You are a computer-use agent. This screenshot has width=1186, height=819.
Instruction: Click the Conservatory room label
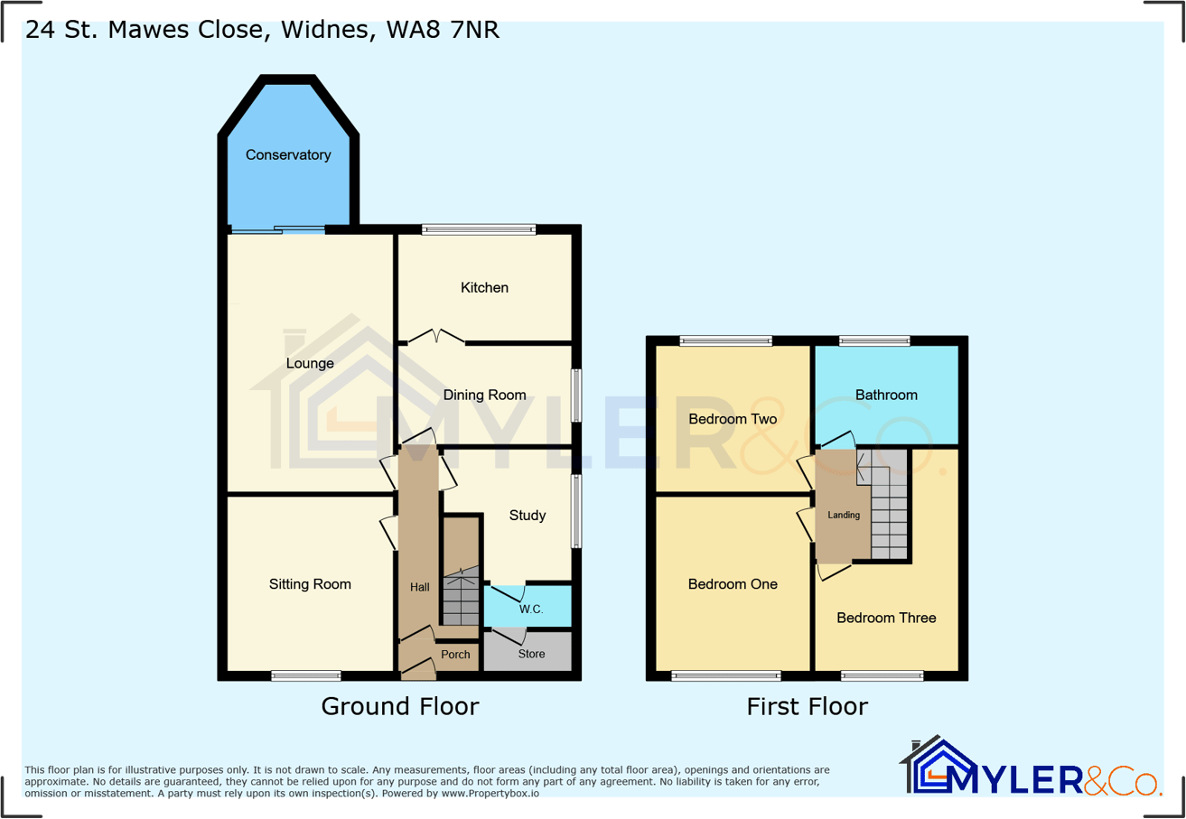coord(288,155)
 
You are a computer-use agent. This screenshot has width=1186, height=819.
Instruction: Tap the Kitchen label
coord(485,288)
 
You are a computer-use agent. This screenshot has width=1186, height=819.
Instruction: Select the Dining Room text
coord(484,395)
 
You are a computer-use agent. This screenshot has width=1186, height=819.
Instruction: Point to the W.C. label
coord(531,610)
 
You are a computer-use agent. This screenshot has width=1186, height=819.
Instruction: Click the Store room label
coord(532,654)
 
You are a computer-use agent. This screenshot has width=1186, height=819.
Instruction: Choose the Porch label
coord(455,655)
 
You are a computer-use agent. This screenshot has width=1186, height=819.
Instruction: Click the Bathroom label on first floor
coord(886,396)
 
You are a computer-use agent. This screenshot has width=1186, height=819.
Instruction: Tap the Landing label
coord(844,516)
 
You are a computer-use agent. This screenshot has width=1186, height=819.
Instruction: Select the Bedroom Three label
coord(886,619)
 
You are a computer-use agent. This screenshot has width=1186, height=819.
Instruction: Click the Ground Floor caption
coord(400,706)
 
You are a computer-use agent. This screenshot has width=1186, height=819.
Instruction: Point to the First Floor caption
coord(807,706)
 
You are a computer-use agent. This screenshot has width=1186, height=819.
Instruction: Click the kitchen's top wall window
coord(479,230)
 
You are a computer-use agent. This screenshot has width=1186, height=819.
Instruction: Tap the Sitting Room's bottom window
coord(306,675)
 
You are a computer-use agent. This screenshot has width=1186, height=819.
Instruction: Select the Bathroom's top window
coord(873,341)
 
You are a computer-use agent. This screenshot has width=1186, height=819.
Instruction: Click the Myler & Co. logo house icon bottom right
coord(935,768)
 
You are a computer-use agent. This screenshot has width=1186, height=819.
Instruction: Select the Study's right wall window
coord(575,511)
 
